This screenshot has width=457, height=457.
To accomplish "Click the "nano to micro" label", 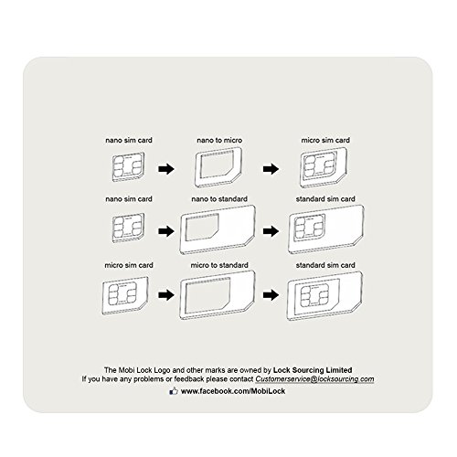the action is (x=219, y=140).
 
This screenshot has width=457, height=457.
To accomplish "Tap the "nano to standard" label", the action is (x=219, y=199).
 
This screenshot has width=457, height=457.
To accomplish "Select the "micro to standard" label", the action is (x=219, y=265).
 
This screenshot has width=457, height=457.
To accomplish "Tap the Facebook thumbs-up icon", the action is (x=174, y=391).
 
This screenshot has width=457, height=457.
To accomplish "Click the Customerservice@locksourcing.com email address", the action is (x=314, y=379).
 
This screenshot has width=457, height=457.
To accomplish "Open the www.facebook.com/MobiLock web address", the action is (x=233, y=391).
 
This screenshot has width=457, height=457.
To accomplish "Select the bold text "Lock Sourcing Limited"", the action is (x=313, y=370).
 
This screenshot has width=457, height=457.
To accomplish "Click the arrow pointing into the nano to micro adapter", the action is (x=166, y=168).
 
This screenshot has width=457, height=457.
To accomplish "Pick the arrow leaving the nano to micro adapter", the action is (x=271, y=168).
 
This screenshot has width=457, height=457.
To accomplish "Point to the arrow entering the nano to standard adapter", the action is (x=166, y=231).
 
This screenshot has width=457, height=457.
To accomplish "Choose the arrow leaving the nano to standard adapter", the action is (x=271, y=231).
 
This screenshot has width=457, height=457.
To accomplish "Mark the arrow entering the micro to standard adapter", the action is (x=166, y=294).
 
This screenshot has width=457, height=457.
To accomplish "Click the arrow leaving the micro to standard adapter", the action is (x=271, y=294).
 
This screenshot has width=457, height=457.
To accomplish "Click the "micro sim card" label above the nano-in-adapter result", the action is (x=325, y=140).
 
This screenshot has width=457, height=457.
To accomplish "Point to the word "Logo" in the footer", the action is (x=162, y=370).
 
